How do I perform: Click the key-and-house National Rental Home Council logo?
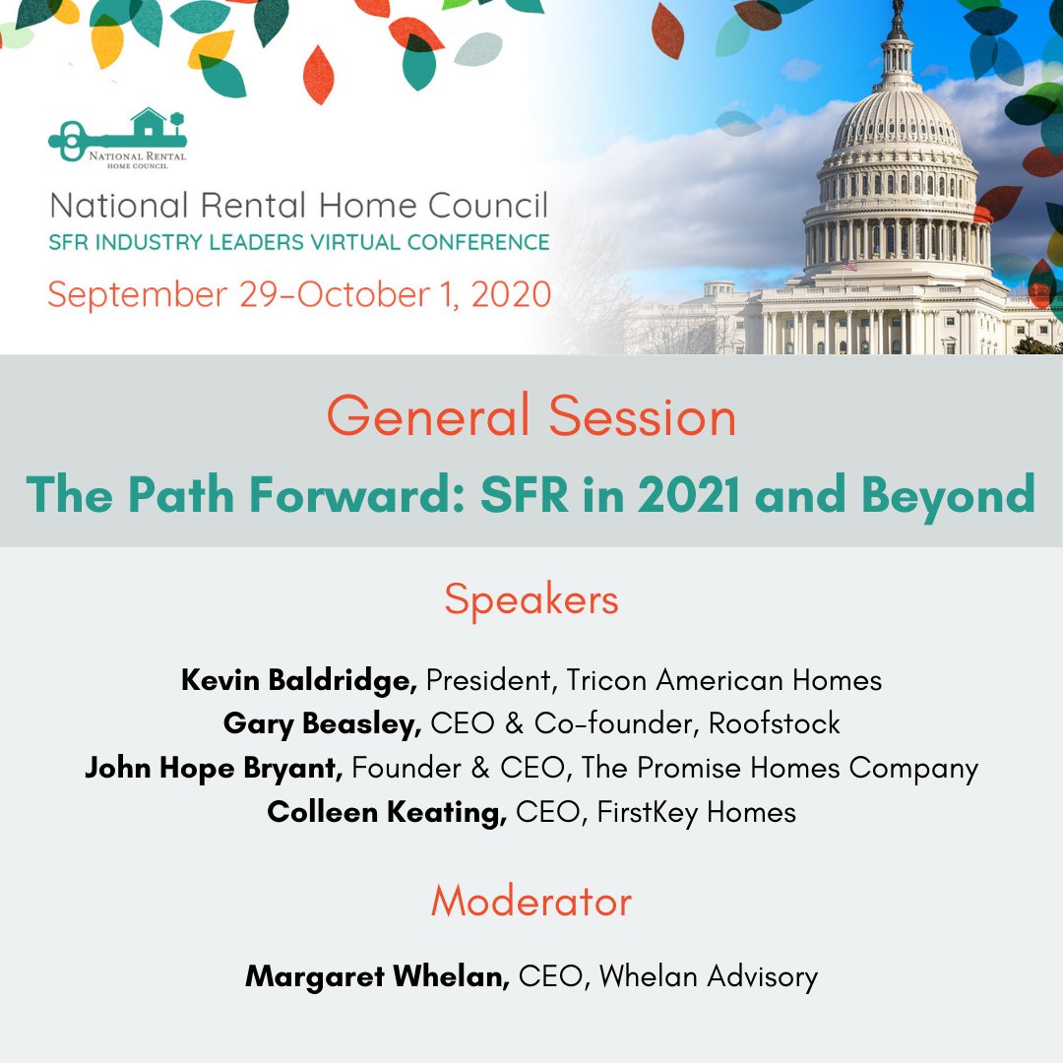pos(117,138)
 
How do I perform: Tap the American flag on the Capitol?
pos(848,264)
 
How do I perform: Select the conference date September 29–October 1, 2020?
pos(299,294)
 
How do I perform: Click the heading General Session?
pos(531,416)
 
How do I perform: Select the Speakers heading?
pos(531,599)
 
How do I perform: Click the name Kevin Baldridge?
pos(299,680)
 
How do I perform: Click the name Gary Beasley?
pos(323,724)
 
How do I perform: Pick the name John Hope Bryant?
pos(214,768)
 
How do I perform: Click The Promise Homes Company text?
pos(780,768)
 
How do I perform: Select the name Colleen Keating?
pos(387,812)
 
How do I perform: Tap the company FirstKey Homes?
pos(696,812)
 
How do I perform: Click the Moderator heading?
pos(531,902)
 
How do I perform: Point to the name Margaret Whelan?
pos(377,976)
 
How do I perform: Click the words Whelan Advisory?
pos(708,976)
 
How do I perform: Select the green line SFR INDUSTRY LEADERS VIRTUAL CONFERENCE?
pos(299,242)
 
